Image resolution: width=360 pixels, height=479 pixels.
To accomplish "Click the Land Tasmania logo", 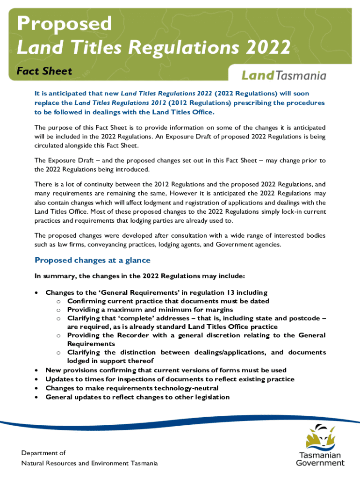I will pos(284,75).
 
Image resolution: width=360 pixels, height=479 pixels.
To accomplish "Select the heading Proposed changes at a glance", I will pos(93,260).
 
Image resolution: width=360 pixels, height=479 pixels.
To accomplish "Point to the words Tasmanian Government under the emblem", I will pos(321,459).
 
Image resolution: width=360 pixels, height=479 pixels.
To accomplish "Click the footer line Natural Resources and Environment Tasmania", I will pos(89,463).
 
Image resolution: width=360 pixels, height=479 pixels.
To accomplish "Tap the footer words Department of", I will pos(43,453).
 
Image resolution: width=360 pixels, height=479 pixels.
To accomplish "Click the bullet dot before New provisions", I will pos(36,370).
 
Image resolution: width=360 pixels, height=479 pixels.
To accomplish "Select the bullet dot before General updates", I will pos(36,397).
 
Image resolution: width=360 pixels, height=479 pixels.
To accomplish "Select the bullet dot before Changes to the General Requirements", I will pos(36,293).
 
